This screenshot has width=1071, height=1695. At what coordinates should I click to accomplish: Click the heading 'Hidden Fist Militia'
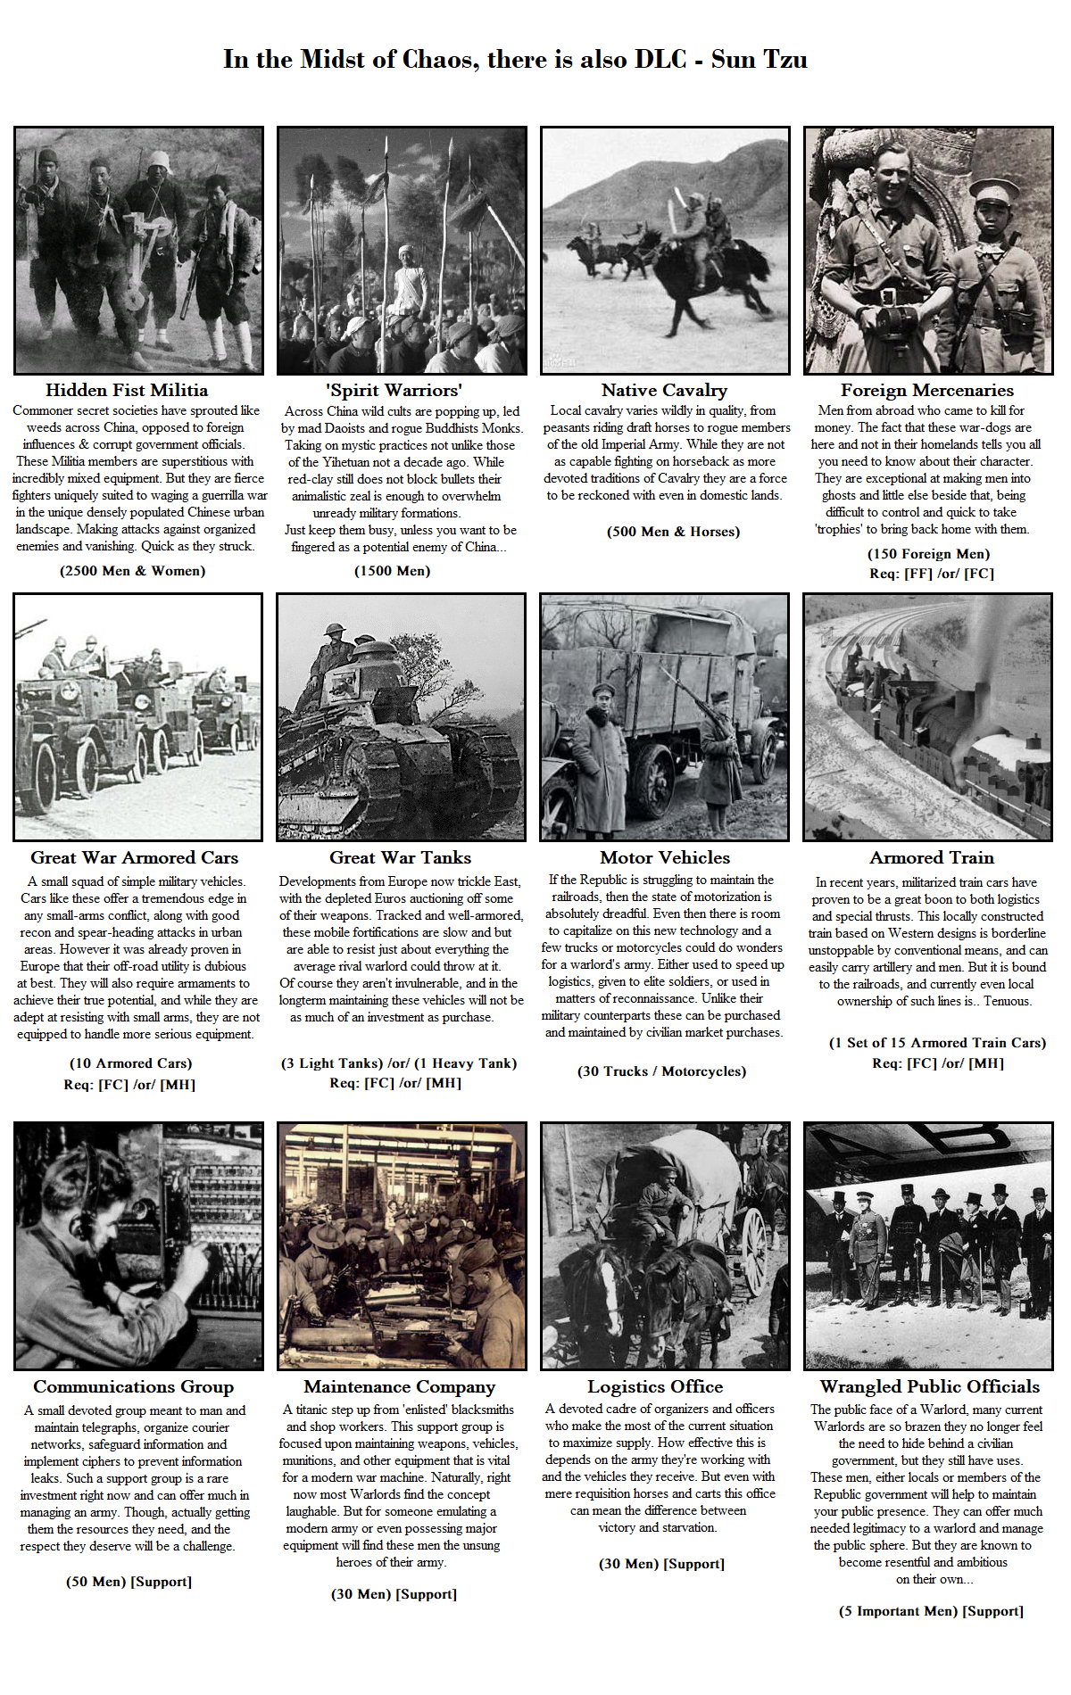point(127,390)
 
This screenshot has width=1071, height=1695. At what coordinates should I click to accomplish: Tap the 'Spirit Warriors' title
point(394,390)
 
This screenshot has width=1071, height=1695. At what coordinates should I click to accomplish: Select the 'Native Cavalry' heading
point(664,390)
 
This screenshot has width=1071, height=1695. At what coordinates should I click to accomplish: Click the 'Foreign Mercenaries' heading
point(926,390)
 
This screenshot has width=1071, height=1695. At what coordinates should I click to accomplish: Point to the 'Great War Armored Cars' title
point(134,857)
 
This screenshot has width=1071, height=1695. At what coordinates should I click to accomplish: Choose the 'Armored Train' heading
point(932,857)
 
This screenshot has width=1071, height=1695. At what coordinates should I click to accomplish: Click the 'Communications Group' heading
point(133,1386)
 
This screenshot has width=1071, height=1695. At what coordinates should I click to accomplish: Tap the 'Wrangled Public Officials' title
point(929,1386)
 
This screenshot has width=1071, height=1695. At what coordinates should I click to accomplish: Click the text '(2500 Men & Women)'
point(132,571)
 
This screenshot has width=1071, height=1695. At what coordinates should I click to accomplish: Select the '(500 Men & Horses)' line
point(673,532)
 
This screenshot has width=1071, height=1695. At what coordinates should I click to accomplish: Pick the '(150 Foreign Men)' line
point(928,554)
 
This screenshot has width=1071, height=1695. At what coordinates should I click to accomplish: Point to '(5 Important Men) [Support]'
point(931,1611)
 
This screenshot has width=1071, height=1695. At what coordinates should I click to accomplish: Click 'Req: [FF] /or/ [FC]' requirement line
point(931,574)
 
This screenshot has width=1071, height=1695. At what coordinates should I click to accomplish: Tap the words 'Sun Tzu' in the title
point(759,60)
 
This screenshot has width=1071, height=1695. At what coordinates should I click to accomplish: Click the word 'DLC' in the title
point(660,60)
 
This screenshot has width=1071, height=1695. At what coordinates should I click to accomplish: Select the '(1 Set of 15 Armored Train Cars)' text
point(937,1043)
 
